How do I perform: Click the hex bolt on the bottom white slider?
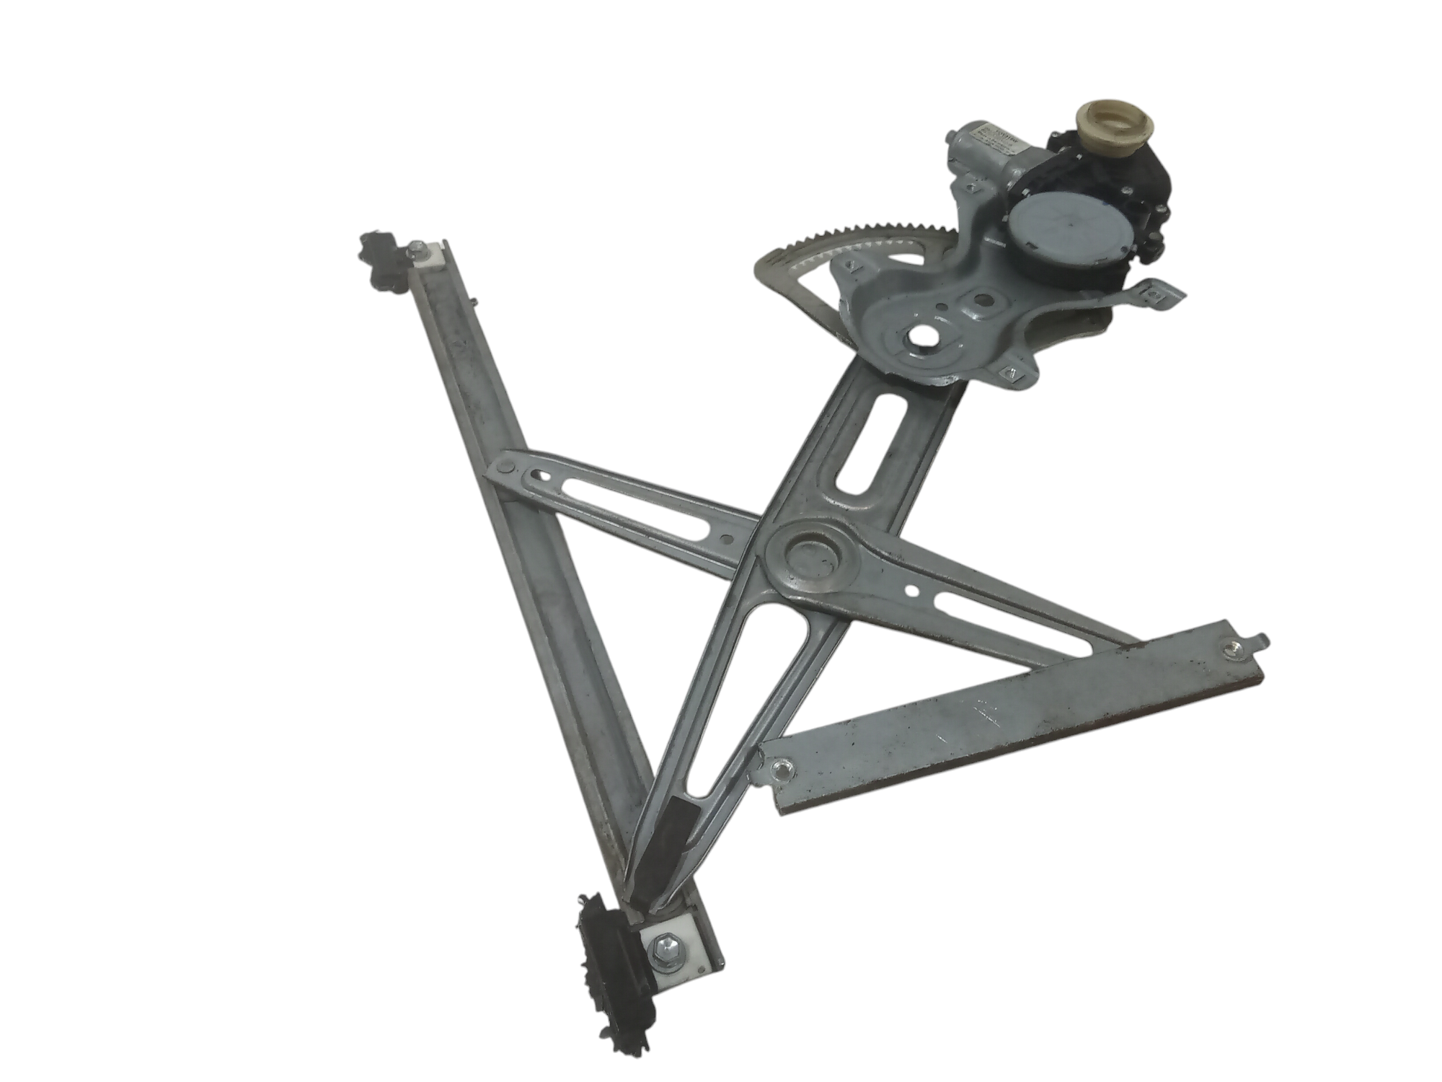tap(662, 957)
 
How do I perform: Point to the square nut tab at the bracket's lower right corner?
tap(1010, 374)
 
